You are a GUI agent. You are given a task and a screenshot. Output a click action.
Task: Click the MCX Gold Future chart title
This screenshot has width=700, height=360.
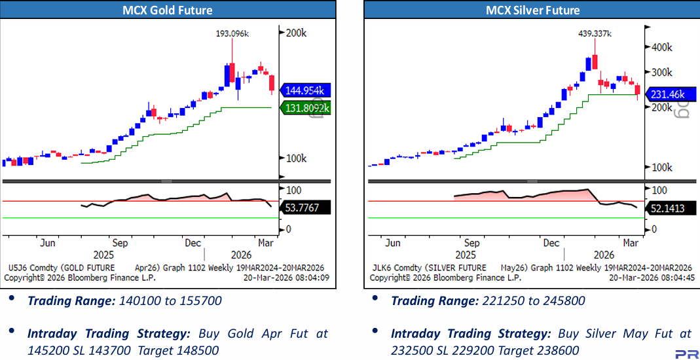[x=168, y=10]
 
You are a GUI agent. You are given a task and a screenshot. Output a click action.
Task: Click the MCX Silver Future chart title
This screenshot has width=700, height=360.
[x=532, y=10]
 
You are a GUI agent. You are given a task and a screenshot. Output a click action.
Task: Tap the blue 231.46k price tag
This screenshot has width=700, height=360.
[x=670, y=94]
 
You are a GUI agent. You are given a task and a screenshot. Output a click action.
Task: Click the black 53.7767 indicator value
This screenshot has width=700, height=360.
[x=306, y=207]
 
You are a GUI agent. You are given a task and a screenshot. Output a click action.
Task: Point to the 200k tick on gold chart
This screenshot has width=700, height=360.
[x=297, y=32]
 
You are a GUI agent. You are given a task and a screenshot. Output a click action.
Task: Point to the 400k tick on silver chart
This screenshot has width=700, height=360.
[x=661, y=47]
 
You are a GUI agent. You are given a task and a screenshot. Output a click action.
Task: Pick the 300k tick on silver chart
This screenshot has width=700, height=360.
[x=661, y=72]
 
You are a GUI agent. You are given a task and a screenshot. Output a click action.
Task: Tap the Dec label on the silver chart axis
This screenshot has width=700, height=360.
[x=551, y=243]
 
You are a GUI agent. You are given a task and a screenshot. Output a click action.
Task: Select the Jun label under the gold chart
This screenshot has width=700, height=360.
[x=47, y=243]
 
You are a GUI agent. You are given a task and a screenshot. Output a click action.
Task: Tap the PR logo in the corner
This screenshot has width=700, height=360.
[x=686, y=353]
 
